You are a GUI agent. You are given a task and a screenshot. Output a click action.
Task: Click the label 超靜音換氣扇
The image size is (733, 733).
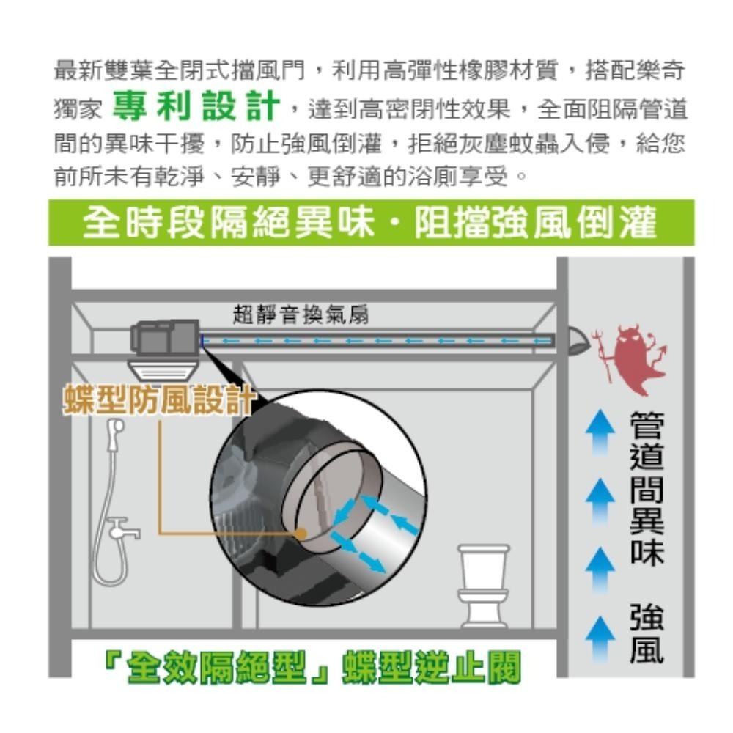[301, 316]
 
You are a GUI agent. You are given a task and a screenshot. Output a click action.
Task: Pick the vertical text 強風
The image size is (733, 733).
[645, 636]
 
